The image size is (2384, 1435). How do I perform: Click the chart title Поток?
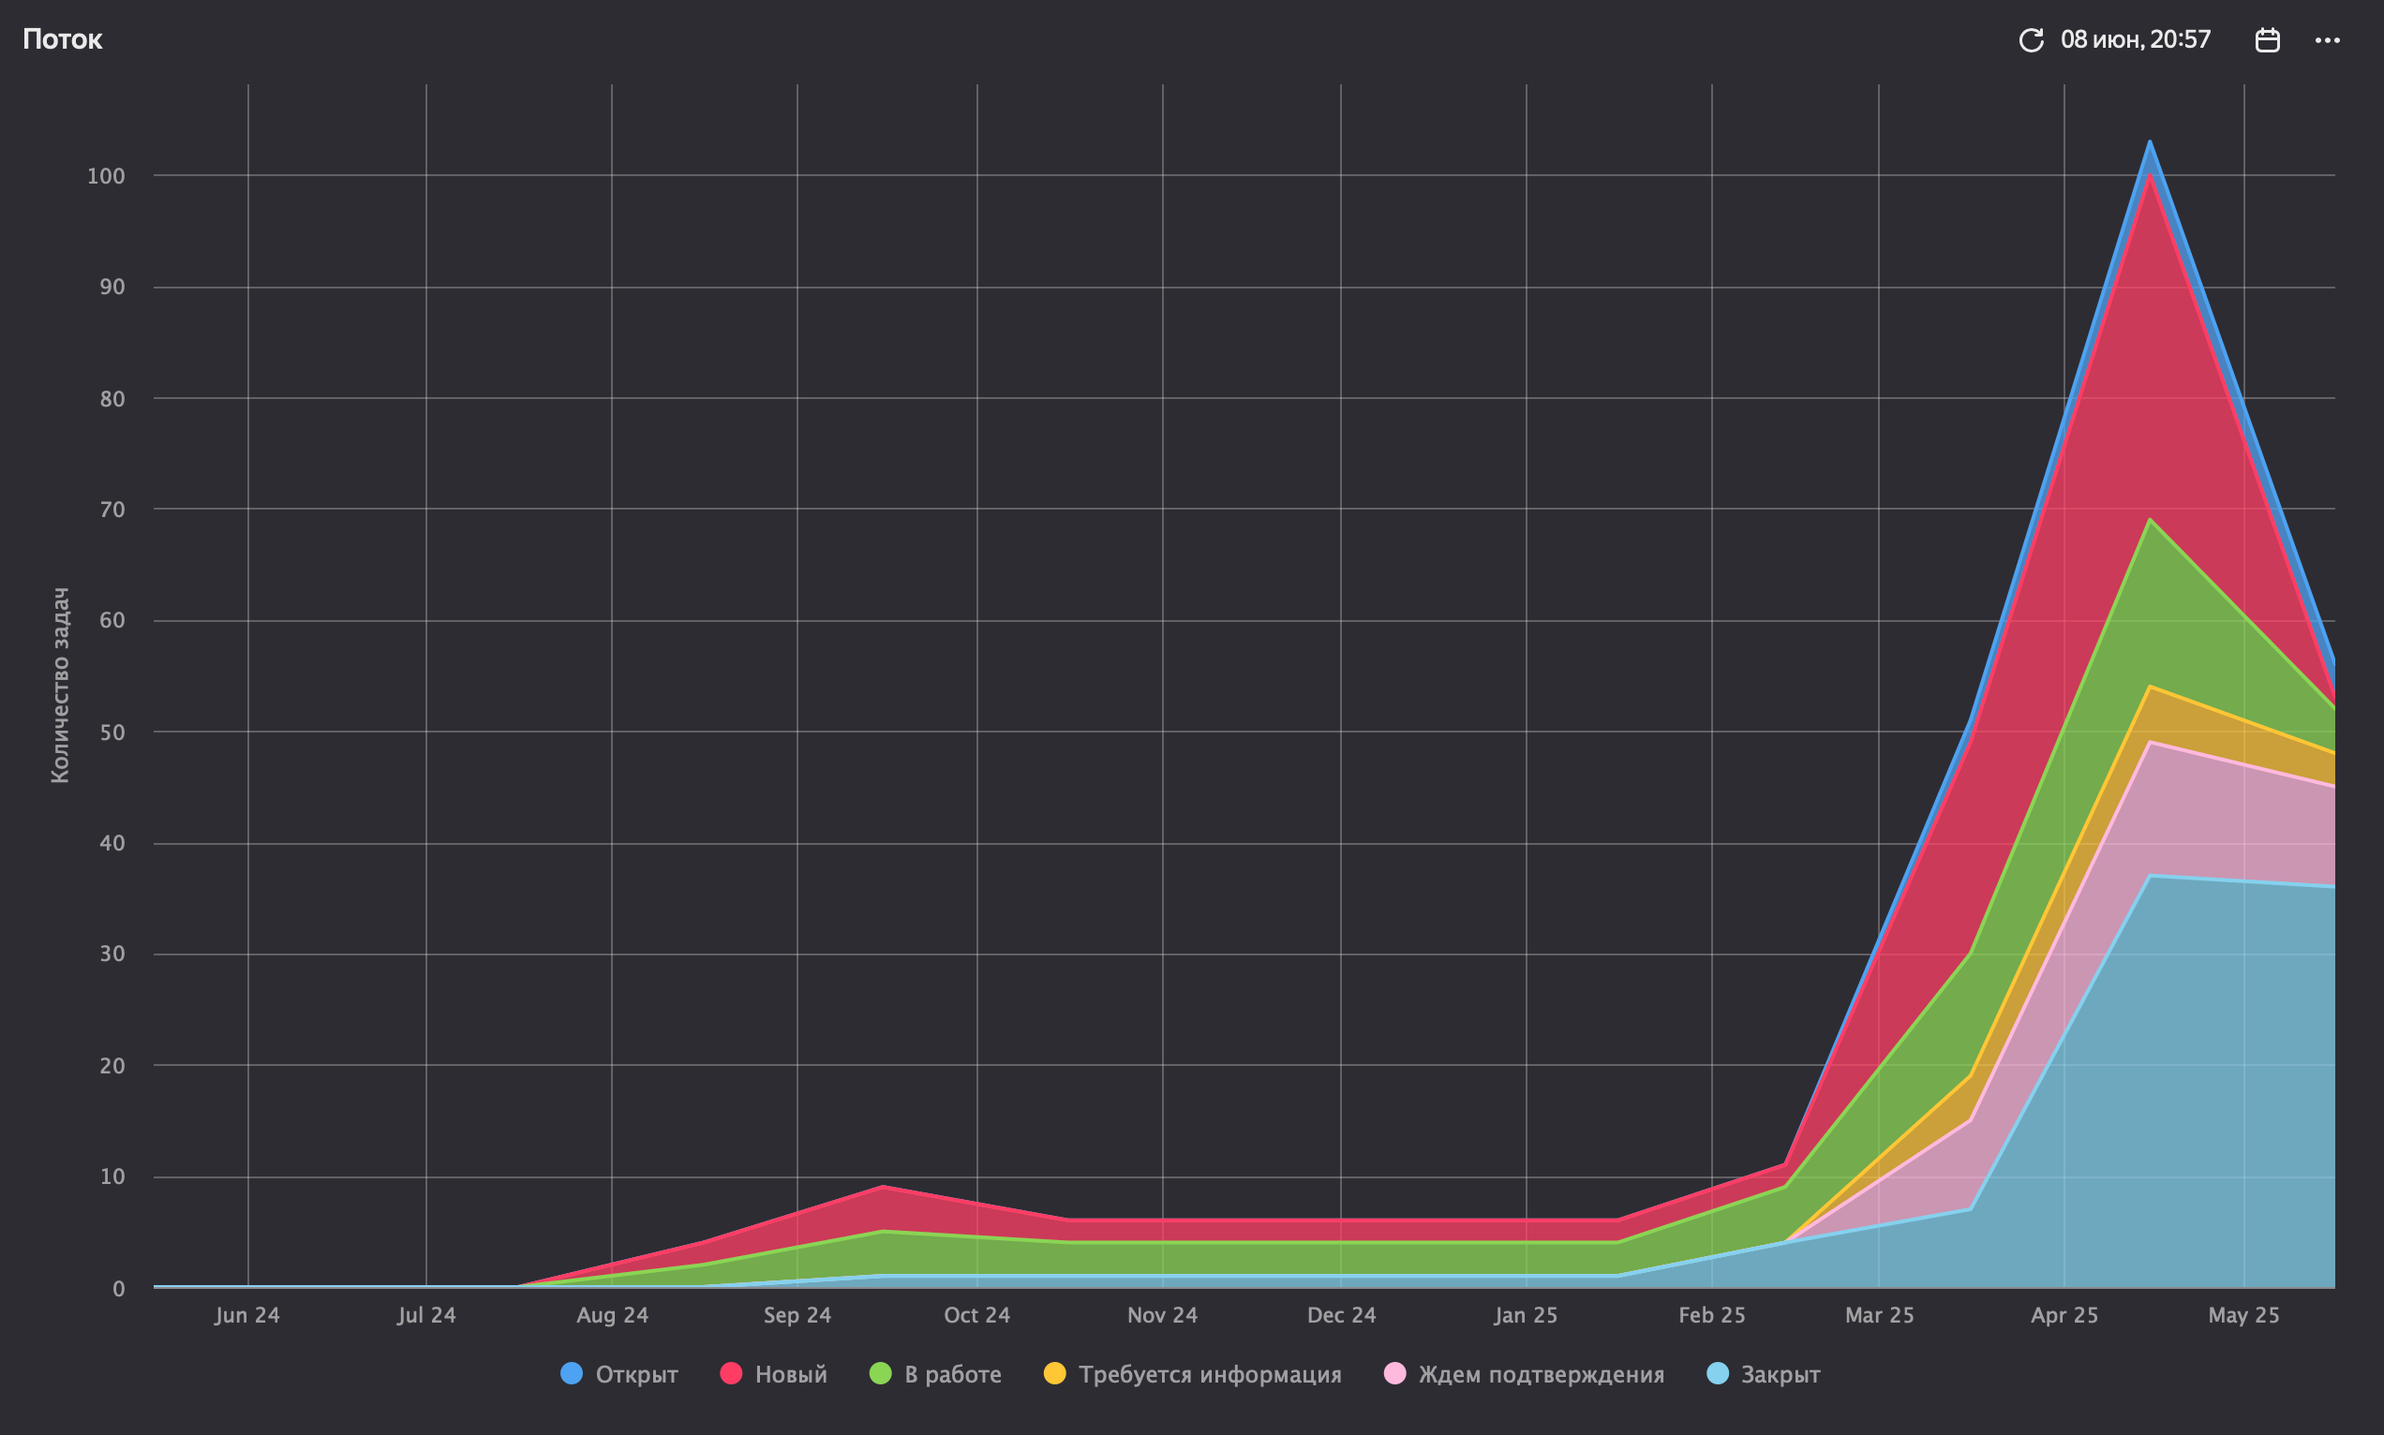pos(63,39)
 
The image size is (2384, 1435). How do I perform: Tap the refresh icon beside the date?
pos(2031,39)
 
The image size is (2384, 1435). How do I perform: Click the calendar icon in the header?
pos(2268,39)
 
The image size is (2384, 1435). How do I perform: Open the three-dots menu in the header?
pos(2328,39)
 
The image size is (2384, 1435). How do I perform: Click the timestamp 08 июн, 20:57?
pos(2136,39)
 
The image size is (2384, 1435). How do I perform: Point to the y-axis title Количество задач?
pos(60,685)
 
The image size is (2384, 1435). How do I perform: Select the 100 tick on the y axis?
pos(107,176)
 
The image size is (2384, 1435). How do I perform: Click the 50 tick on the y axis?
pos(112,732)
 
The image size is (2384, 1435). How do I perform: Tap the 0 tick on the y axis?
pos(118,1289)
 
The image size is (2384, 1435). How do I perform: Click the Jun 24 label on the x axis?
pos(247,1315)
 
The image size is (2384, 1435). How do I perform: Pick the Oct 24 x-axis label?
pos(976,1315)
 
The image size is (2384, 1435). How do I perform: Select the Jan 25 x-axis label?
pos(1527,1315)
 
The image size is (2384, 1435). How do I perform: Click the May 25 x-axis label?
pos(2243,1315)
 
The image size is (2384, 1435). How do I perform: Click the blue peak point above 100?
pos(2150,142)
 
